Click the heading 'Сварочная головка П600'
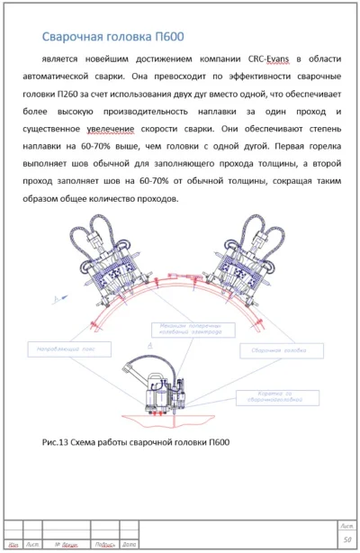113,37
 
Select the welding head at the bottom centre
157,384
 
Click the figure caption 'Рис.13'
56,442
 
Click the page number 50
346,539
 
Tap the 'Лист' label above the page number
346,525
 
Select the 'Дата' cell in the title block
129,545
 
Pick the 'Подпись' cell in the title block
104,545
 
